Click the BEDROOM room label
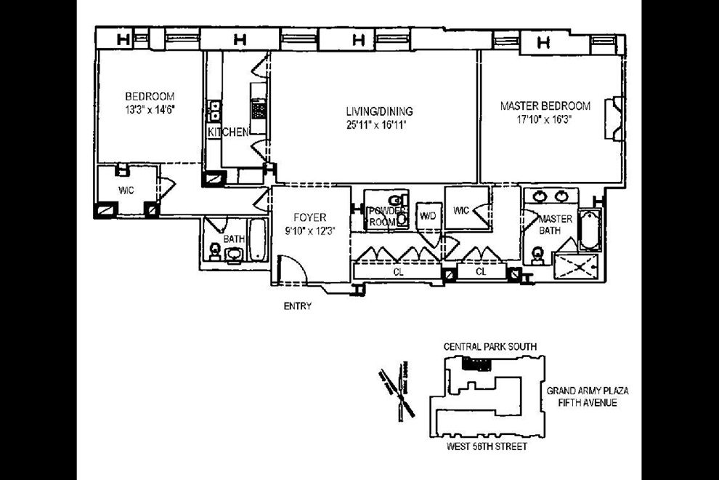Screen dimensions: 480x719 (x=150, y=96)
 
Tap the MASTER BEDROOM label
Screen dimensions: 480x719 (x=545, y=106)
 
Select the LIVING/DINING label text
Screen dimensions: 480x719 (x=379, y=112)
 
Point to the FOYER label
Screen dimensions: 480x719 (x=309, y=217)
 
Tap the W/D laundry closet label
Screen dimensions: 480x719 (x=427, y=216)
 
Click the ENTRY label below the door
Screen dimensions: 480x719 (x=297, y=306)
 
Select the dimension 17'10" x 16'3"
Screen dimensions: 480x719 (x=545, y=120)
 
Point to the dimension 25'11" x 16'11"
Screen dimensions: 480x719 (x=379, y=125)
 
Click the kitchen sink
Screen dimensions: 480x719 (x=215, y=111)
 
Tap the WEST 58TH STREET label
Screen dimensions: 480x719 (x=488, y=446)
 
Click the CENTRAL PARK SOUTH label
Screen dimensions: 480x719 (x=490, y=347)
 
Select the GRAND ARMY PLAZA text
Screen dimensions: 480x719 (x=588, y=391)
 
